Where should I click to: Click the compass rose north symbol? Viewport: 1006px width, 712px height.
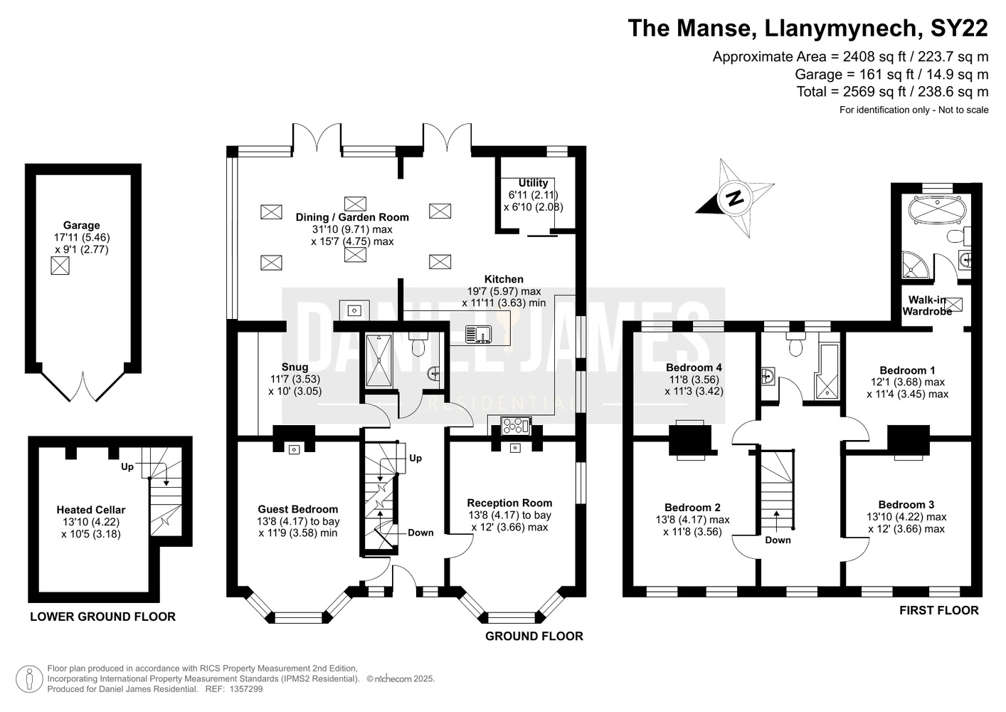click(x=735, y=198)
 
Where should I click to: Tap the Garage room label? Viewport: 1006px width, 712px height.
click(x=81, y=225)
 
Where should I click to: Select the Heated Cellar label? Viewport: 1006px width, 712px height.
click(x=91, y=510)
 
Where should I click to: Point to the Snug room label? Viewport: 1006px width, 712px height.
click(x=295, y=367)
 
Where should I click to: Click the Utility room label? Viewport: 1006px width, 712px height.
click(x=533, y=183)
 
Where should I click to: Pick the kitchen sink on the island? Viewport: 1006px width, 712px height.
click(x=479, y=335)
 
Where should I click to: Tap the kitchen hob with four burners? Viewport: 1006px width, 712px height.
click(x=517, y=426)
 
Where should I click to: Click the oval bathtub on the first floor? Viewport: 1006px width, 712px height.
click(x=937, y=211)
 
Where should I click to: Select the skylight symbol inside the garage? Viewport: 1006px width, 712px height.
click(x=60, y=266)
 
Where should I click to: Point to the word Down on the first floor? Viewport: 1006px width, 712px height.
click(x=778, y=540)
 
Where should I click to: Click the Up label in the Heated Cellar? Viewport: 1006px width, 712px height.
click(x=127, y=467)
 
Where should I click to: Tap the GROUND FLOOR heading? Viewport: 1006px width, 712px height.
click(x=534, y=636)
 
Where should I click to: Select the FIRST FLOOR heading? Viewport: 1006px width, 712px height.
click(x=938, y=610)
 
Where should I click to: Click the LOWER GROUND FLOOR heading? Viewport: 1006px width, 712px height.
click(x=103, y=617)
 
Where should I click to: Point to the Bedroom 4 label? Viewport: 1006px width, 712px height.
click(x=694, y=367)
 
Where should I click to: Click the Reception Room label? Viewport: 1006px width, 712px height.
click(x=509, y=503)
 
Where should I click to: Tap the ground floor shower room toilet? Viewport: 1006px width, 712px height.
click(x=418, y=345)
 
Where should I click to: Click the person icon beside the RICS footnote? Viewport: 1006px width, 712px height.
click(x=29, y=679)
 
